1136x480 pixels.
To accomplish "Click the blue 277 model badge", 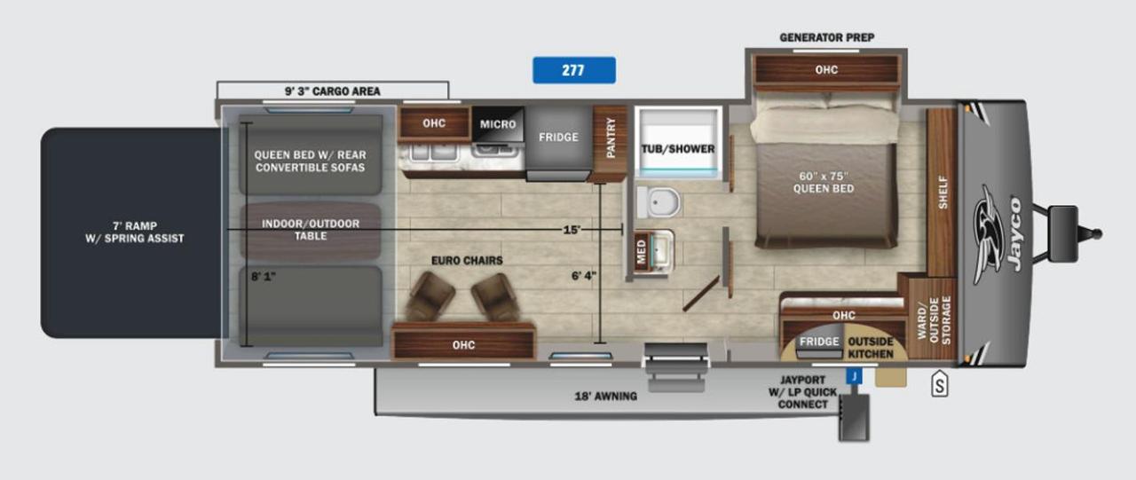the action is point(574,70).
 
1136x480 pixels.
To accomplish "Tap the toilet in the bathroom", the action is point(659,201).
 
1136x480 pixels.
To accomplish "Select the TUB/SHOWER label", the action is point(677,149).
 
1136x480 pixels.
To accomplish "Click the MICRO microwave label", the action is point(498,124).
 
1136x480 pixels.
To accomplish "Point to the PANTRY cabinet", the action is point(610,144).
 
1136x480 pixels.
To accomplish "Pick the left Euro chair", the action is point(431,296).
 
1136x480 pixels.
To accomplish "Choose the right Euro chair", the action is point(496,297).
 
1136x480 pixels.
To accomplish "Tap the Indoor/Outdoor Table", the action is point(311,231).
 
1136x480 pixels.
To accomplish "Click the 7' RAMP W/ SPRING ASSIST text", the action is point(134,232).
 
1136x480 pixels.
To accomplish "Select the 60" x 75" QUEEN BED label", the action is point(823,183).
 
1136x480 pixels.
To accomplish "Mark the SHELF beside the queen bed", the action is point(942,193).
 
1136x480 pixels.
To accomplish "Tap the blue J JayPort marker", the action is point(854,376).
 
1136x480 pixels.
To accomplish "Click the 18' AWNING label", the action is point(605,397).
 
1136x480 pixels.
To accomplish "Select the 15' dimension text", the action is point(572,230).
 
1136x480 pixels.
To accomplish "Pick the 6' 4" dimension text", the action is point(584,276).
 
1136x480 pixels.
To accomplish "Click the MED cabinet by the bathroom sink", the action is point(641,251).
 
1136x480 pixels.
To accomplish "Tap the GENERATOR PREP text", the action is point(826,37).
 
